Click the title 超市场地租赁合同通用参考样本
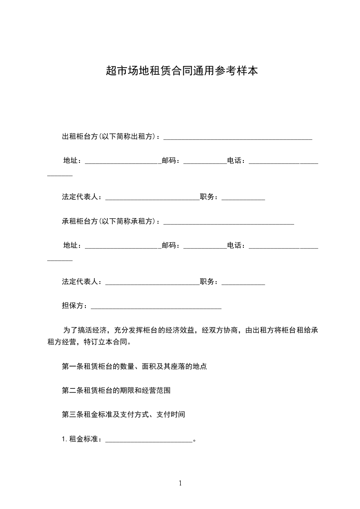[x=182, y=71]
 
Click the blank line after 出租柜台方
[x=237, y=137]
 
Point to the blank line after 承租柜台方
[x=228, y=223]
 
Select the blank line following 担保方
[x=156, y=307]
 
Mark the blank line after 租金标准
[x=149, y=440]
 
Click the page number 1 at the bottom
[x=180, y=483]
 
